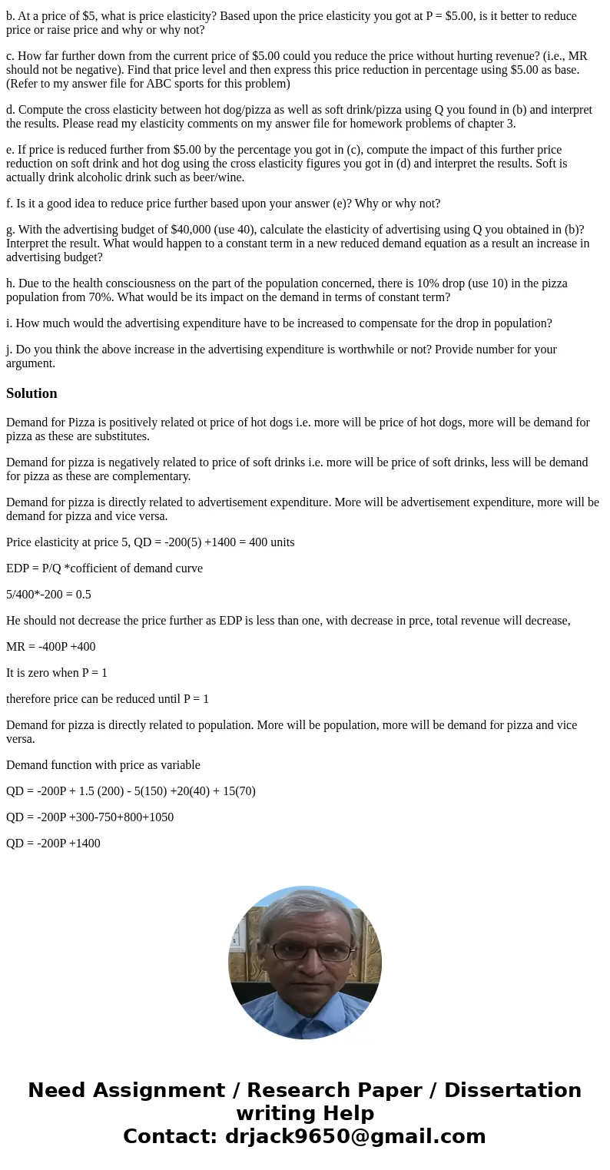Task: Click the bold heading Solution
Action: [31, 393]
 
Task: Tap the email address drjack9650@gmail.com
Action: [355, 1136]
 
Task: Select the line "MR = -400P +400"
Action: [51, 647]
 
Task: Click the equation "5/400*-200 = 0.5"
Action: [48, 595]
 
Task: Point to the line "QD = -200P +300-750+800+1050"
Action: [90, 817]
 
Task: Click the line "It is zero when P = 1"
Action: [57, 673]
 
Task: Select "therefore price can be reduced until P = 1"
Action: [108, 699]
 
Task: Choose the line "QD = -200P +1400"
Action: [53, 844]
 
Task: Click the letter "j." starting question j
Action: [9, 350]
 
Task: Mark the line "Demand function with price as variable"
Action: [103, 765]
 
